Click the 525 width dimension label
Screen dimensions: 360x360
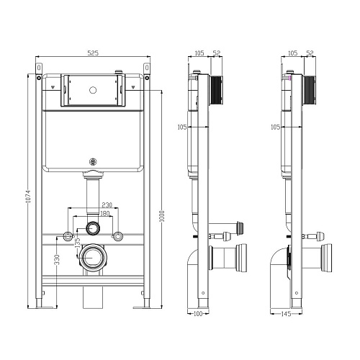(x=93, y=53)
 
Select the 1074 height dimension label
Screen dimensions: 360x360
(x=28, y=197)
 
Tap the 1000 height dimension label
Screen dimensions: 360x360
(x=162, y=216)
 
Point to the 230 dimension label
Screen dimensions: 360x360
(x=107, y=205)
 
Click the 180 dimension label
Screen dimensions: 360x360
(x=104, y=213)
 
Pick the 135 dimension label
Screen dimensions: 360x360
(x=78, y=243)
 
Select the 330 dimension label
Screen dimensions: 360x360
(x=57, y=260)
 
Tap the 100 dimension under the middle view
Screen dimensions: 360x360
(x=198, y=313)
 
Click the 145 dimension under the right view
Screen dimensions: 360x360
(x=286, y=314)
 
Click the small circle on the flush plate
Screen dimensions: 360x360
(x=93, y=90)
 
